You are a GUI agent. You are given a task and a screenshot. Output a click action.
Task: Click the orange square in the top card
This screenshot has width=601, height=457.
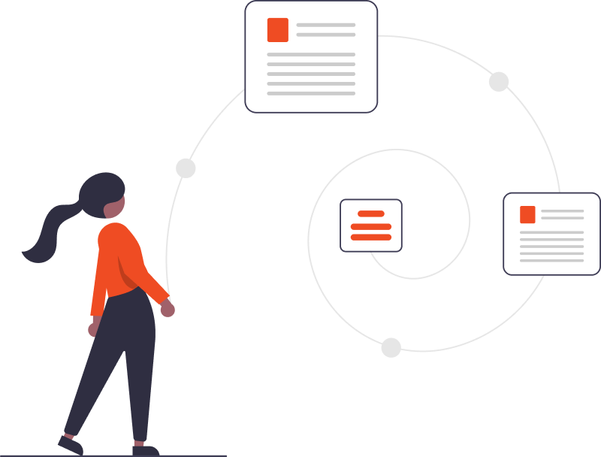[x=277, y=29]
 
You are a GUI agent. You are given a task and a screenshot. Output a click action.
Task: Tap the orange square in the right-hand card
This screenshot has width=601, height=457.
[x=527, y=214]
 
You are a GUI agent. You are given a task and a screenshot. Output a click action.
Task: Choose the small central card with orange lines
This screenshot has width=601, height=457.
[x=371, y=225]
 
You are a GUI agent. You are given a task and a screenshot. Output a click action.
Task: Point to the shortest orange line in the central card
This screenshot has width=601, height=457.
[x=371, y=214]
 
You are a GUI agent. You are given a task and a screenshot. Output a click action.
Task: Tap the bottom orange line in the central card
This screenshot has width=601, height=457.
[x=371, y=238]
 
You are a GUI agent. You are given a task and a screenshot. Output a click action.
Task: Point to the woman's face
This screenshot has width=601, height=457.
[x=116, y=204]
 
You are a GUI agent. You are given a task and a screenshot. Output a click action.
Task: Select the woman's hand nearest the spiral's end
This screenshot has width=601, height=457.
[x=168, y=308]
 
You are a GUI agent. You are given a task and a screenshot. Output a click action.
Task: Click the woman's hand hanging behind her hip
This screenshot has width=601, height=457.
[x=93, y=329]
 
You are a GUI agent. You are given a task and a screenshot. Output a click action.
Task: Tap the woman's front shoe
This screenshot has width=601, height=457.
[x=144, y=450]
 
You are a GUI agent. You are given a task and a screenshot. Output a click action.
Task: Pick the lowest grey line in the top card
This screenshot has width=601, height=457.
[x=311, y=93]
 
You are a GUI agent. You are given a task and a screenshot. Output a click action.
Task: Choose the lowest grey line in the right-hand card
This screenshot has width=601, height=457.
[x=551, y=260]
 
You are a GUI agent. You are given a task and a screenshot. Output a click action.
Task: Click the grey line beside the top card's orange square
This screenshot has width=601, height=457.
[x=325, y=25]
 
